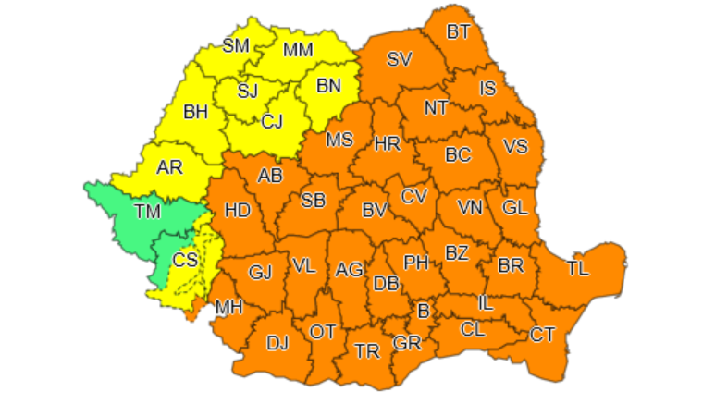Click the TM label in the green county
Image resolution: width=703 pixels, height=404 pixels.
[147, 212]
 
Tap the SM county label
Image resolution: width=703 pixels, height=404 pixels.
[237, 44]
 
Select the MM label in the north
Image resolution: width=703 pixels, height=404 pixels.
[298, 50]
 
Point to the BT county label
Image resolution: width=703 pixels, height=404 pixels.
[459, 32]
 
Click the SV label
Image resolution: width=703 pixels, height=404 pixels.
[400, 60]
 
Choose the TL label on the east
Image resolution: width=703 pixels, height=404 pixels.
[577, 268]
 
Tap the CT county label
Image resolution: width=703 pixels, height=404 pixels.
[542, 334]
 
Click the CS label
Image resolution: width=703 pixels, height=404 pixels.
[185, 260]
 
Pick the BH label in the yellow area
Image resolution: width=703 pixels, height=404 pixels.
[196, 113]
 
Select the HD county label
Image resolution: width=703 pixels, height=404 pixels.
[238, 210]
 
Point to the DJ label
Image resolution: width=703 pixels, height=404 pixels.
[277, 343]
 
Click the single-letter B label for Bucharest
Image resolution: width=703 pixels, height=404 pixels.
[424, 310]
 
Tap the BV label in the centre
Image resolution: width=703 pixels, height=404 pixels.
[374, 211]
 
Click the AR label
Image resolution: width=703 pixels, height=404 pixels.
[169, 167]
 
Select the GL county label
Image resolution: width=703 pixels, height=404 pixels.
[515, 207]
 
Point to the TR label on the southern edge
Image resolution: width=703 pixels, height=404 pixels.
[367, 351]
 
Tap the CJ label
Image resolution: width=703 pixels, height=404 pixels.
[272, 121]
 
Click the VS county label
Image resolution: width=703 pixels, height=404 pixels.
[516, 146]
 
